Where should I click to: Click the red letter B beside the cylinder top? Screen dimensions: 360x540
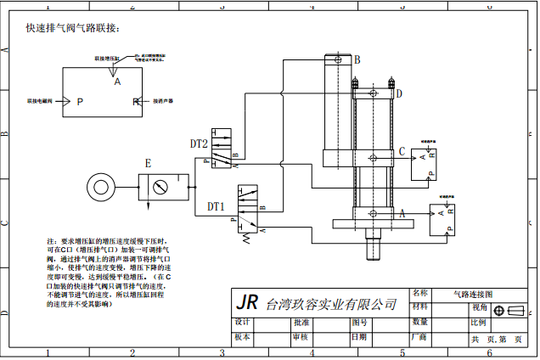(357, 59)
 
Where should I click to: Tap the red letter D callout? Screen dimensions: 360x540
(399, 93)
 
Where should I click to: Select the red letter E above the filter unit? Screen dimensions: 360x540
(148, 162)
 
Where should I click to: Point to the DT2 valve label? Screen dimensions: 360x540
(199, 144)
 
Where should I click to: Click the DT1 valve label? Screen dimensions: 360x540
(216, 205)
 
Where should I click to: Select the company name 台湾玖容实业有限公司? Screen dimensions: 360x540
(331, 304)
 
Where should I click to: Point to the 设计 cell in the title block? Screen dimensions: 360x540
(242, 323)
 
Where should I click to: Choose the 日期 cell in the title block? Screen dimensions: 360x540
(359, 337)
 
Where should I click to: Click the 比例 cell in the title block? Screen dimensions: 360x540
(478, 323)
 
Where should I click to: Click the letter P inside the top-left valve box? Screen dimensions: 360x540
(80, 102)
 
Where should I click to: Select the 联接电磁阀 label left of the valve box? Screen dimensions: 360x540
(40, 101)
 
